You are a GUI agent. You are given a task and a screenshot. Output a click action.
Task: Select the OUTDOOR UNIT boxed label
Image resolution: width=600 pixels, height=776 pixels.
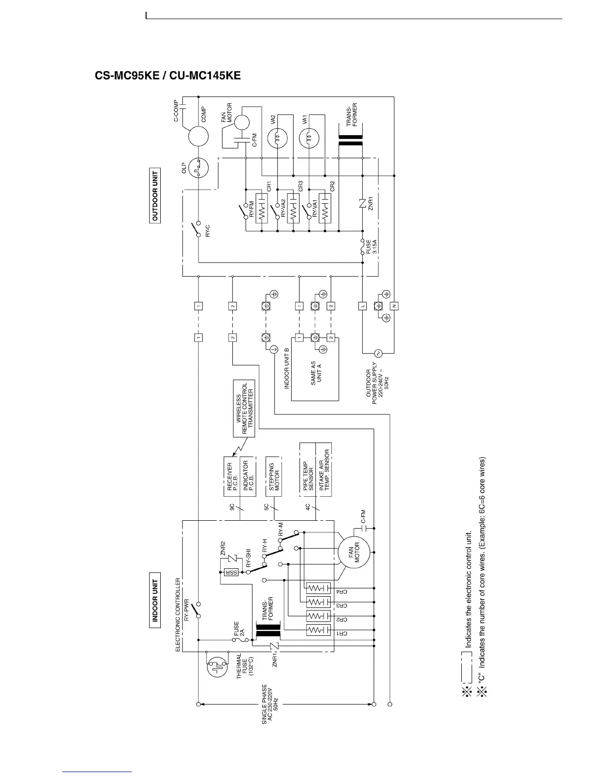click(155, 196)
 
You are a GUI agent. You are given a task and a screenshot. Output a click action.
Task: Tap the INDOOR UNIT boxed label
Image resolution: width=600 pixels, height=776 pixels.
click(155, 601)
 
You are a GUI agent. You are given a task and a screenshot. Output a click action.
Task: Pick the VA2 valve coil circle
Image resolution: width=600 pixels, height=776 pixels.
click(277, 139)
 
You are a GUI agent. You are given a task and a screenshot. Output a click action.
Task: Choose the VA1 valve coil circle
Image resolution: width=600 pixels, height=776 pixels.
click(309, 139)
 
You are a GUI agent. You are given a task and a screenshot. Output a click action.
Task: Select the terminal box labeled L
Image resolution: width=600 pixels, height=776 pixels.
click(363, 306)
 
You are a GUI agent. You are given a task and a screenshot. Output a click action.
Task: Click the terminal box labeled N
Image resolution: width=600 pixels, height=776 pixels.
click(395, 306)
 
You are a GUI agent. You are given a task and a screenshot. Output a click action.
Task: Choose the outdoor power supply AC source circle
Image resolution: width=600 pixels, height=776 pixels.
click(378, 353)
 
